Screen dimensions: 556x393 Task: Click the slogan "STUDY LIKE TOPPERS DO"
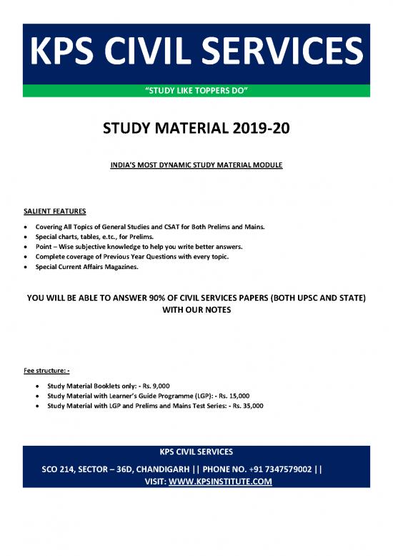[196, 90]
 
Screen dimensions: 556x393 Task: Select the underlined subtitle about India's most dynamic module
[196, 165]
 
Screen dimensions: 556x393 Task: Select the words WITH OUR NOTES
[196, 312]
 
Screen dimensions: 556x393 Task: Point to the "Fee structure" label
[46, 371]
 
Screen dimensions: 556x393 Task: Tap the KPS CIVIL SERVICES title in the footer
[196, 452]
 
